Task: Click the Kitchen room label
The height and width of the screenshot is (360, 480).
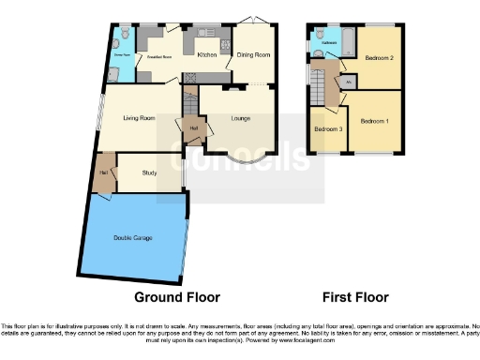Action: tap(207, 55)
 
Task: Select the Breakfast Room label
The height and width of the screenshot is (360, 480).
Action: tap(161, 57)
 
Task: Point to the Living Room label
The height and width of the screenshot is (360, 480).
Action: tap(139, 118)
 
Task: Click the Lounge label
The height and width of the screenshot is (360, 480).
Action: tap(242, 118)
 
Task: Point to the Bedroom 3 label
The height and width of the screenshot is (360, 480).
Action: tap(326, 128)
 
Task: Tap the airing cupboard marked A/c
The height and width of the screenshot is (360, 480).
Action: tap(349, 82)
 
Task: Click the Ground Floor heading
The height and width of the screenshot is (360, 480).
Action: tap(177, 297)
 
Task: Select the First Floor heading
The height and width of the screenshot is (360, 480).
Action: tap(355, 297)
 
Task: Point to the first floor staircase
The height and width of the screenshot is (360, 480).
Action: tap(329, 89)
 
